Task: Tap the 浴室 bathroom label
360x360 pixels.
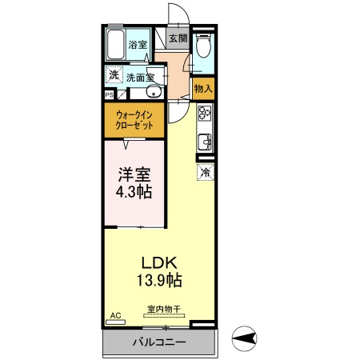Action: click(x=138, y=45)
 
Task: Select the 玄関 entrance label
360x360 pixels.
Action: click(x=178, y=38)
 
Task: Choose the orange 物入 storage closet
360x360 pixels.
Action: click(x=203, y=89)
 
